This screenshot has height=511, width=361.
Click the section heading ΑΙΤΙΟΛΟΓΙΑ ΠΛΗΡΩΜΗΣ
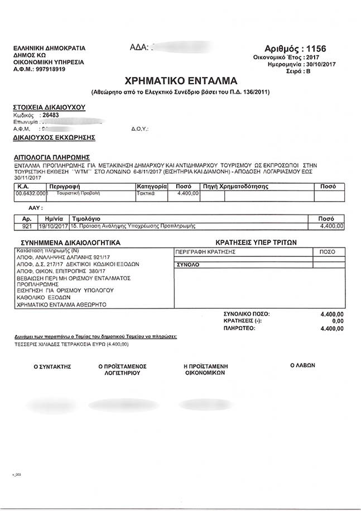tap(51, 157)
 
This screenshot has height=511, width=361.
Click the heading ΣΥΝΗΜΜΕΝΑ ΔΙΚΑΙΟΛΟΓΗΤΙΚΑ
tap(70, 243)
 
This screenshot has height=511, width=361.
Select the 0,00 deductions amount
tap(338, 322)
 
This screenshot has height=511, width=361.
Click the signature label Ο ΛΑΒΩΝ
tap(302, 365)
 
